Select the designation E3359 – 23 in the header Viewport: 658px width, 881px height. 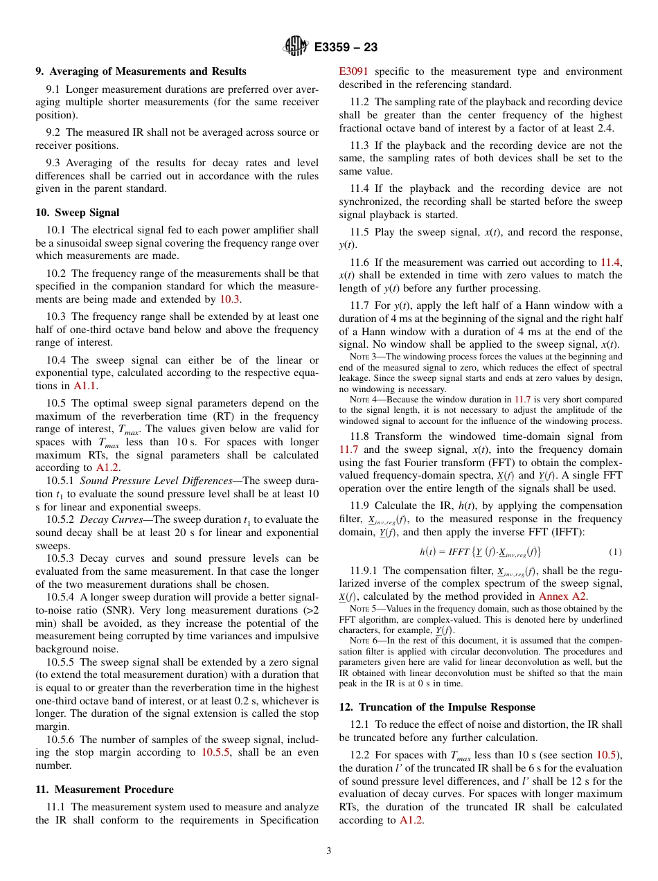(346, 47)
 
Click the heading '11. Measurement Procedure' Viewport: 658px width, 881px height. (105, 790)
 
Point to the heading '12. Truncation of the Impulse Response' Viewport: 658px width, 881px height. (437, 707)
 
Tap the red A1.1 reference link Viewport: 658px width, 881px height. (85, 386)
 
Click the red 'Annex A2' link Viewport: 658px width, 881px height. (563, 596)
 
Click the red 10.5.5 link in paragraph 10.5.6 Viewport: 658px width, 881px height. (217, 752)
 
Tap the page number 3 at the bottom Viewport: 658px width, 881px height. (329, 851)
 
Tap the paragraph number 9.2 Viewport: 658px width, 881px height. (54, 132)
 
